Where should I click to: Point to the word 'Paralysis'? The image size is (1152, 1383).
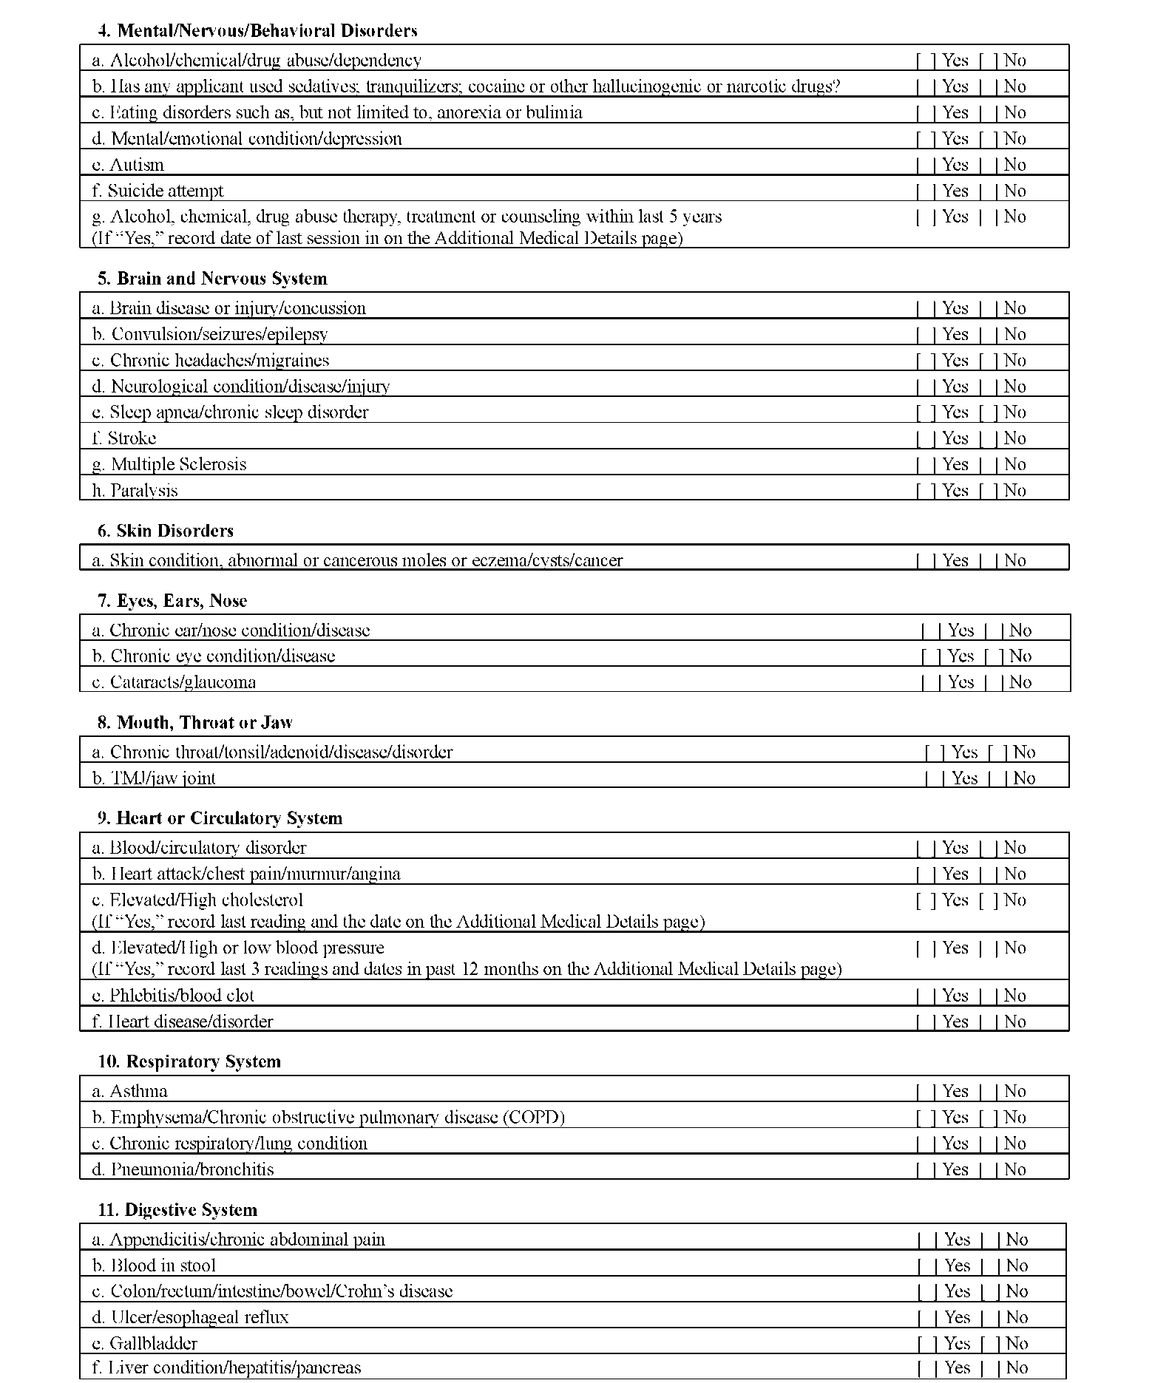144,490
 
